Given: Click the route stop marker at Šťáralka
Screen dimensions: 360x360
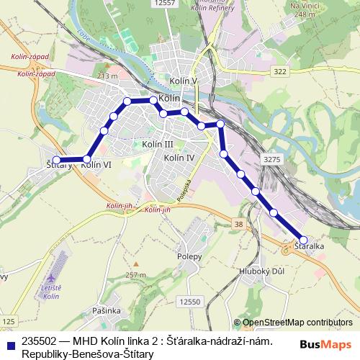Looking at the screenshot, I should click(x=303, y=240).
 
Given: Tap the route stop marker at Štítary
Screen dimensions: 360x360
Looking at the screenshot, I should click(x=56, y=161).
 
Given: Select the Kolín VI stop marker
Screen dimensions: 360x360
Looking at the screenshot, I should click(x=87, y=159).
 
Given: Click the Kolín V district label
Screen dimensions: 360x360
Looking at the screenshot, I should click(x=184, y=81).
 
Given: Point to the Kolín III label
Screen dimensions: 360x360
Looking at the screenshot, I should click(x=158, y=145).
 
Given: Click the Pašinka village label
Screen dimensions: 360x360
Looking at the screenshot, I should click(x=106, y=310).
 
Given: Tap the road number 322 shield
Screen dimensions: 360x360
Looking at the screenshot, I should click(x=280, y=72).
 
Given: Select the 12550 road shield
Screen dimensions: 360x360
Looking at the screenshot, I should click(x=190, y=302).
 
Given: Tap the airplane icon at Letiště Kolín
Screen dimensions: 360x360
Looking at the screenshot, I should click(x=50, y=278).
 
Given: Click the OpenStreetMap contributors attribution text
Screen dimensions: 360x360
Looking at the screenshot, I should click(x=297, y=323).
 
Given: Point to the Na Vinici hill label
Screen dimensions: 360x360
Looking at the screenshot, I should click(x=305, y=6).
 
